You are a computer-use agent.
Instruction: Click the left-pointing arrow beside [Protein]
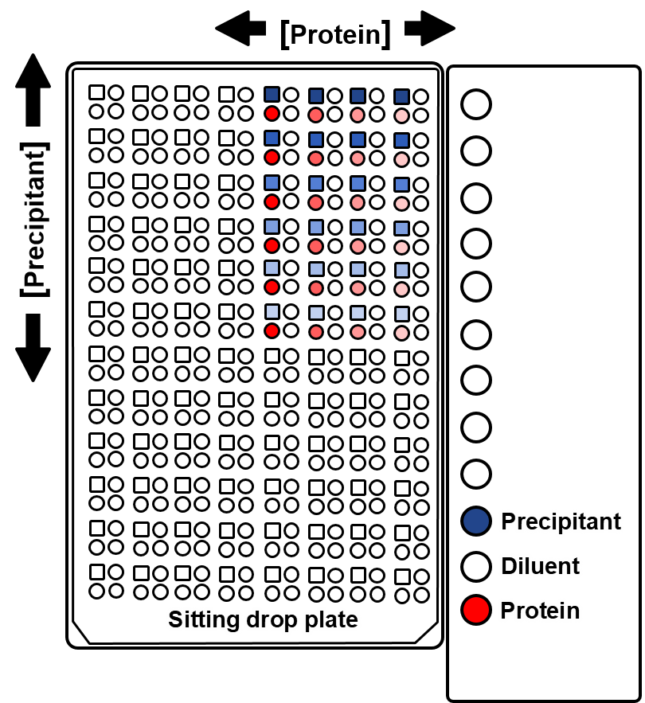[x=240, y=28]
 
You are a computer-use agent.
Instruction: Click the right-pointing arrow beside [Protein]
[x=430, y=28]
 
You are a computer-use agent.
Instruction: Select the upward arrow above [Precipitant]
[x=33, y=90]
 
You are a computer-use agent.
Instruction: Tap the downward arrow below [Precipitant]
[x=33, y=347]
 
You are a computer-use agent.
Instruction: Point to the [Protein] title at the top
[x=335, y=34]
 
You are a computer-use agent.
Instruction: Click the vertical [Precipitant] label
[x=34, y=219]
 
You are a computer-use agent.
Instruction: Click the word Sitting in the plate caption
[x=204, y=620]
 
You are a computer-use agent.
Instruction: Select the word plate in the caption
[x=331, y=620]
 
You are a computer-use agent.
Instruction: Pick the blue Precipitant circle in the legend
[x=476, y=521]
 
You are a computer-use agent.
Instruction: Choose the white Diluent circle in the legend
[x=476, y=566]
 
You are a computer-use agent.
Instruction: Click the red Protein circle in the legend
[x=476, y=610]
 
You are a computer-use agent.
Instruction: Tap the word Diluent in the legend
[x=541, y=566]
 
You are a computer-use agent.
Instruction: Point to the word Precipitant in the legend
[x=561, y=521]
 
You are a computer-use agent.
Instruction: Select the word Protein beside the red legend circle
[x=540, y=610]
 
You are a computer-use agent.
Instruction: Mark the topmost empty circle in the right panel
[x=476, y=104]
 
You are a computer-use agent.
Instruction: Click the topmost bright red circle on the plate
[x=272, y=113]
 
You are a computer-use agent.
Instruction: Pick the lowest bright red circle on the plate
[x=272, y=331]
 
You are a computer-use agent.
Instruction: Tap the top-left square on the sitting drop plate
[x=96, y=92]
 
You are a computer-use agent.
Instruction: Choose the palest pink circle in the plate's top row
[x=401, y=115]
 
